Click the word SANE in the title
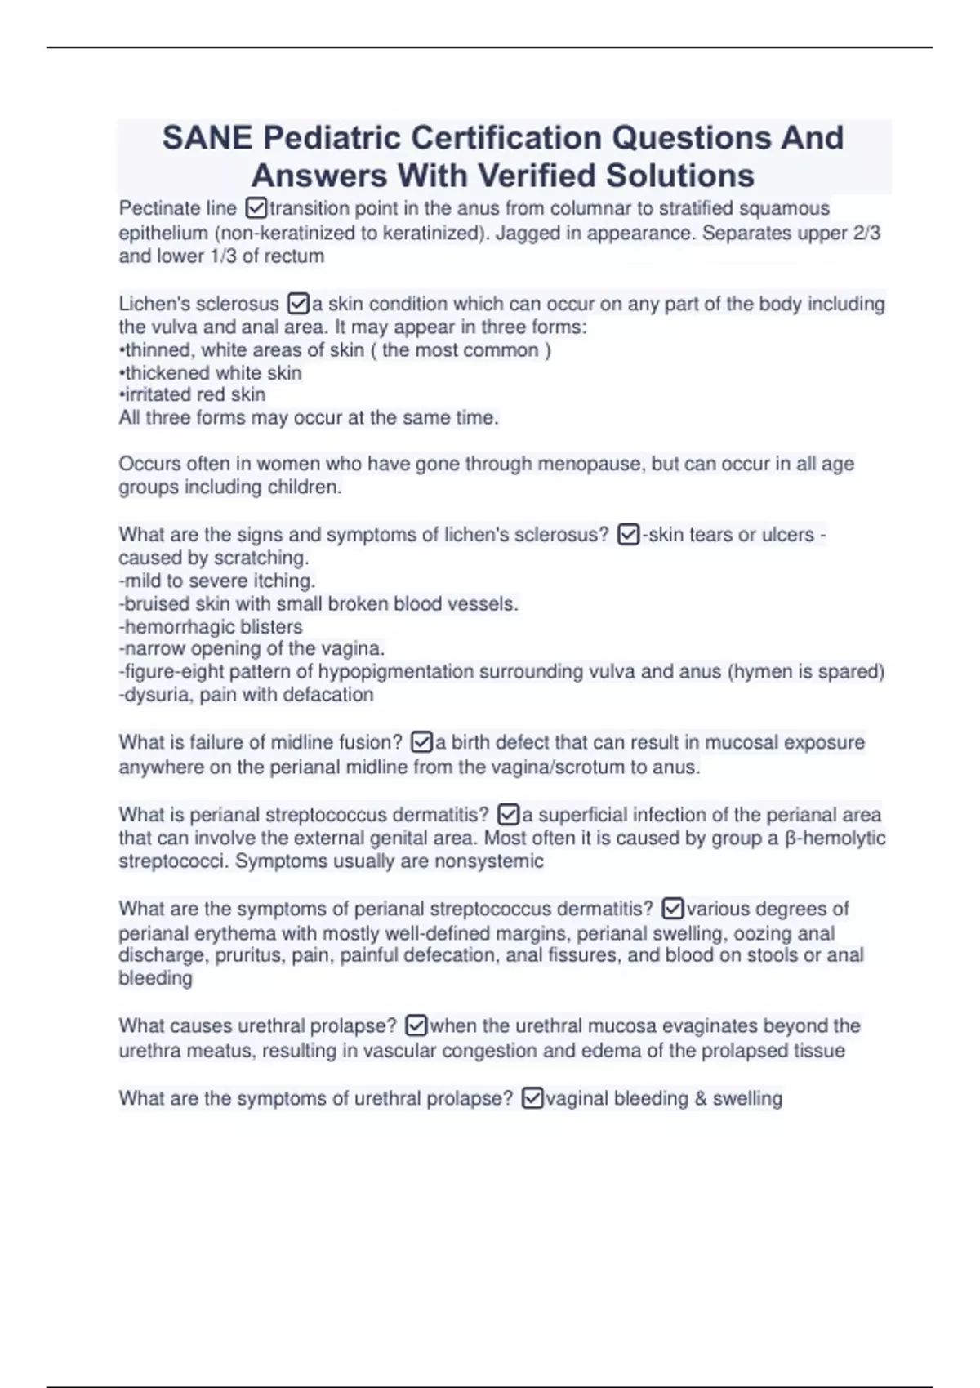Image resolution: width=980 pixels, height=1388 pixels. coord(207,138)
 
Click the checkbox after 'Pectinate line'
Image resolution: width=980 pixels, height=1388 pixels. coord(255,209)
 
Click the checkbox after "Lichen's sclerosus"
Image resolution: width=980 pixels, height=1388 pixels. coord(298,305)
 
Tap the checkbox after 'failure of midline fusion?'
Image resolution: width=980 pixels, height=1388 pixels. coord(421,742)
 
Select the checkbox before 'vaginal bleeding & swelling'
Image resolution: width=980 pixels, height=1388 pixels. coord(532,1099)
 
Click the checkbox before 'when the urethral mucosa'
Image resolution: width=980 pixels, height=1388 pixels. coord(416,1025)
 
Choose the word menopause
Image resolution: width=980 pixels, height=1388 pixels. coord(593,464)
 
